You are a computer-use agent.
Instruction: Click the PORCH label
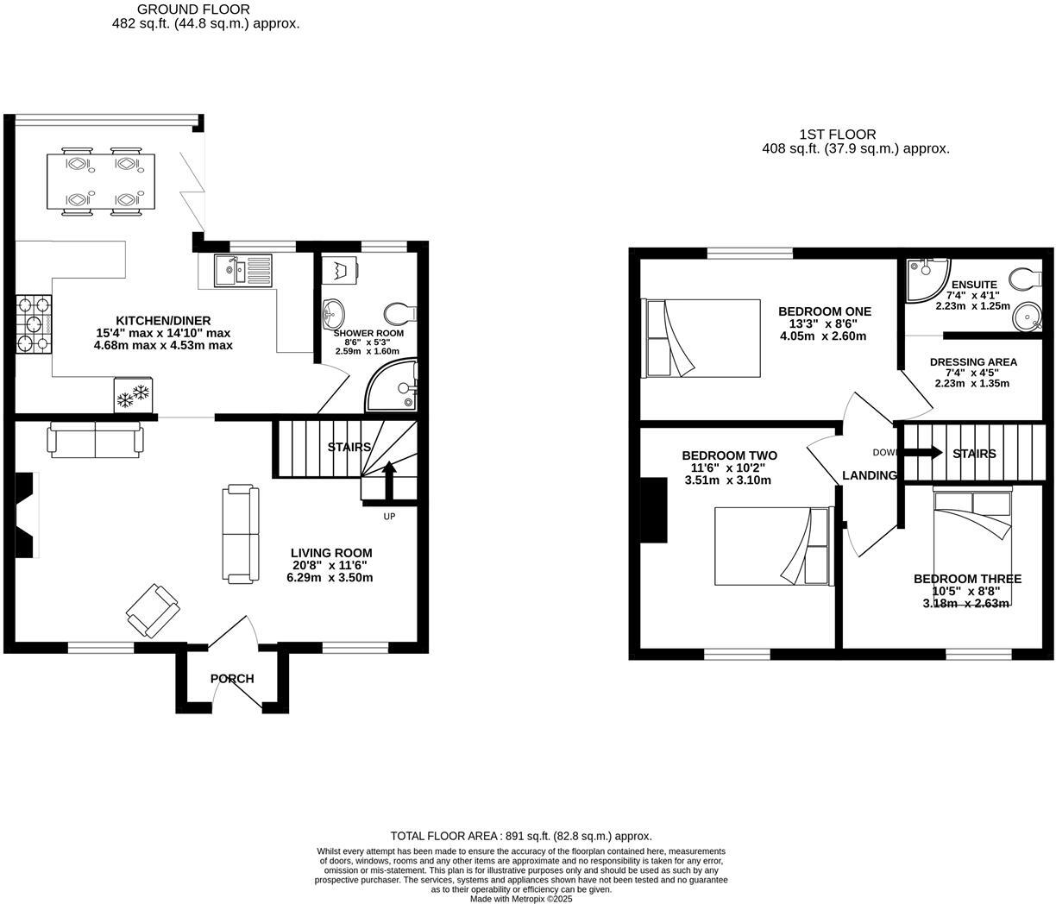pos(232,679)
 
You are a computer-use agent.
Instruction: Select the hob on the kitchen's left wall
pos(33,324)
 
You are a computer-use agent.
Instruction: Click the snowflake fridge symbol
pos(133,395)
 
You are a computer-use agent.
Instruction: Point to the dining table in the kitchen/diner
pos(101,181)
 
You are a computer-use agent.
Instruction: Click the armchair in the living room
pos(154,611)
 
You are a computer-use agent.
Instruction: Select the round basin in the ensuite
pos(1026,317)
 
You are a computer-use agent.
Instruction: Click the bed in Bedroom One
pos(701,338)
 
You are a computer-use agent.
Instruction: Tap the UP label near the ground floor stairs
pos(389,517)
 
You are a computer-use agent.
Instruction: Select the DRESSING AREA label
pos(973,362)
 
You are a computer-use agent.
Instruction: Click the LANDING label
pos(869,475)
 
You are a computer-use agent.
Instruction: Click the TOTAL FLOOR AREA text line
pos(521,836)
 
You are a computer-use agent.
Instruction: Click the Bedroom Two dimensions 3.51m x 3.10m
pos(727,480)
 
